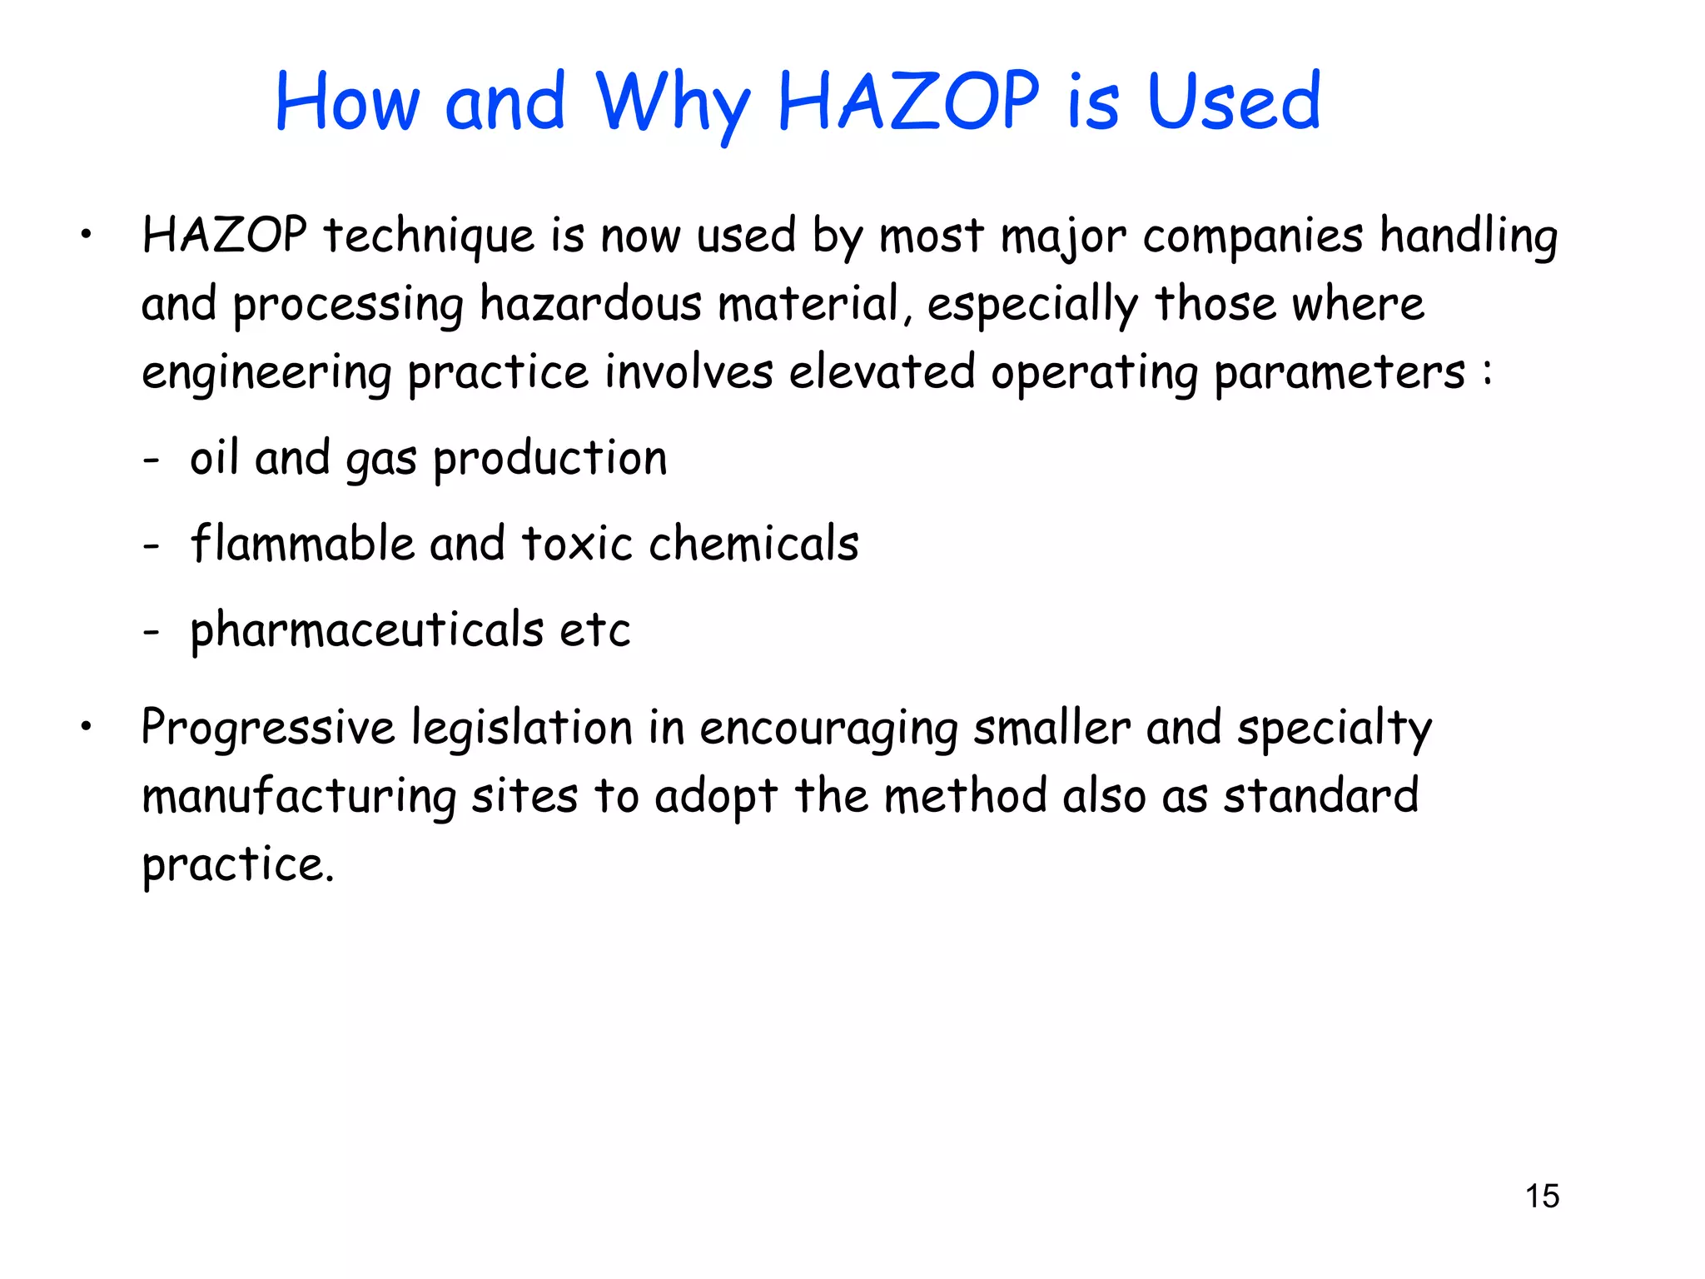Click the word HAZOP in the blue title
[x=908, y=102]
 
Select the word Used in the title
[x=1234, y=102]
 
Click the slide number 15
[x=1542, y=1196]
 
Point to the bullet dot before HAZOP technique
[x=86, y=236]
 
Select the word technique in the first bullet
[x=429, y=236]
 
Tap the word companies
[x=1252, y=236]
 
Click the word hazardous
[x=590, y=304]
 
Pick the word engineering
[x=266, y=373]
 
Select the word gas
[x=380, y=460]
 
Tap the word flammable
[x=302, y=544]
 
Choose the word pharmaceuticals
[x=366, y=630]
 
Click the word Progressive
[x=268, y=728]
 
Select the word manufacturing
[x=299, y=797]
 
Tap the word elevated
[x=882, y=371]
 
